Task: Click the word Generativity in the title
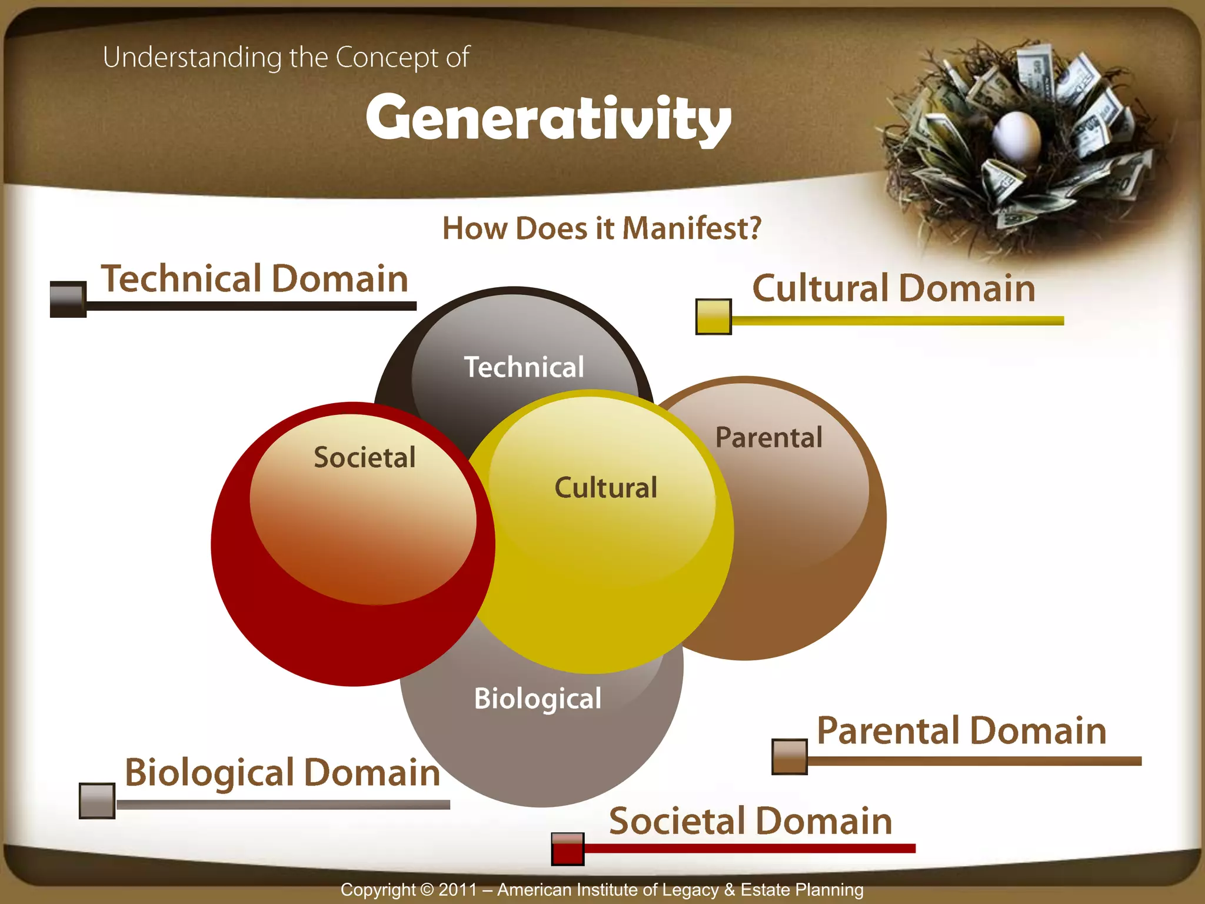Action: click(x=548, y=118)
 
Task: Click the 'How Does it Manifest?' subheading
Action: click(x=601, y=228)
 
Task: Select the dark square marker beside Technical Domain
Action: click(x=68, y=300)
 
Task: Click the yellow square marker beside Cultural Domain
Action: click(x=713, y=317)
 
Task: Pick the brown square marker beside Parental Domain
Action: click(x=789, y=757)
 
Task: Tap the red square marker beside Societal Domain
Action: click(x=568, y=849)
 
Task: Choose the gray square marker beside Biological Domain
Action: click(x=97, y=800)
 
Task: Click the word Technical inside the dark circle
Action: click(x=524, y=367)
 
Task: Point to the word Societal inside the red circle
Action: click(x=365, y=457)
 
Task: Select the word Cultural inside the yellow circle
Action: click(x=606, y=487)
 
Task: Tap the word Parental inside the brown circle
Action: click(x=769, y=437)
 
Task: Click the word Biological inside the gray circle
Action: click(x=538, y=699)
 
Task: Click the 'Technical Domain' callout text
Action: click(x=255, y=278)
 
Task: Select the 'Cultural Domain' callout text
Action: click(x=894, y=288)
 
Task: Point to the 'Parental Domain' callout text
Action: click(x=961, y=730)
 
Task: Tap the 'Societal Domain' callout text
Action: click(x=750, y=821)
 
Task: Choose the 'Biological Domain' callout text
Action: click(x=282, y=772)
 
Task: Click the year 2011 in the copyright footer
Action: click(x=458, y=889)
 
